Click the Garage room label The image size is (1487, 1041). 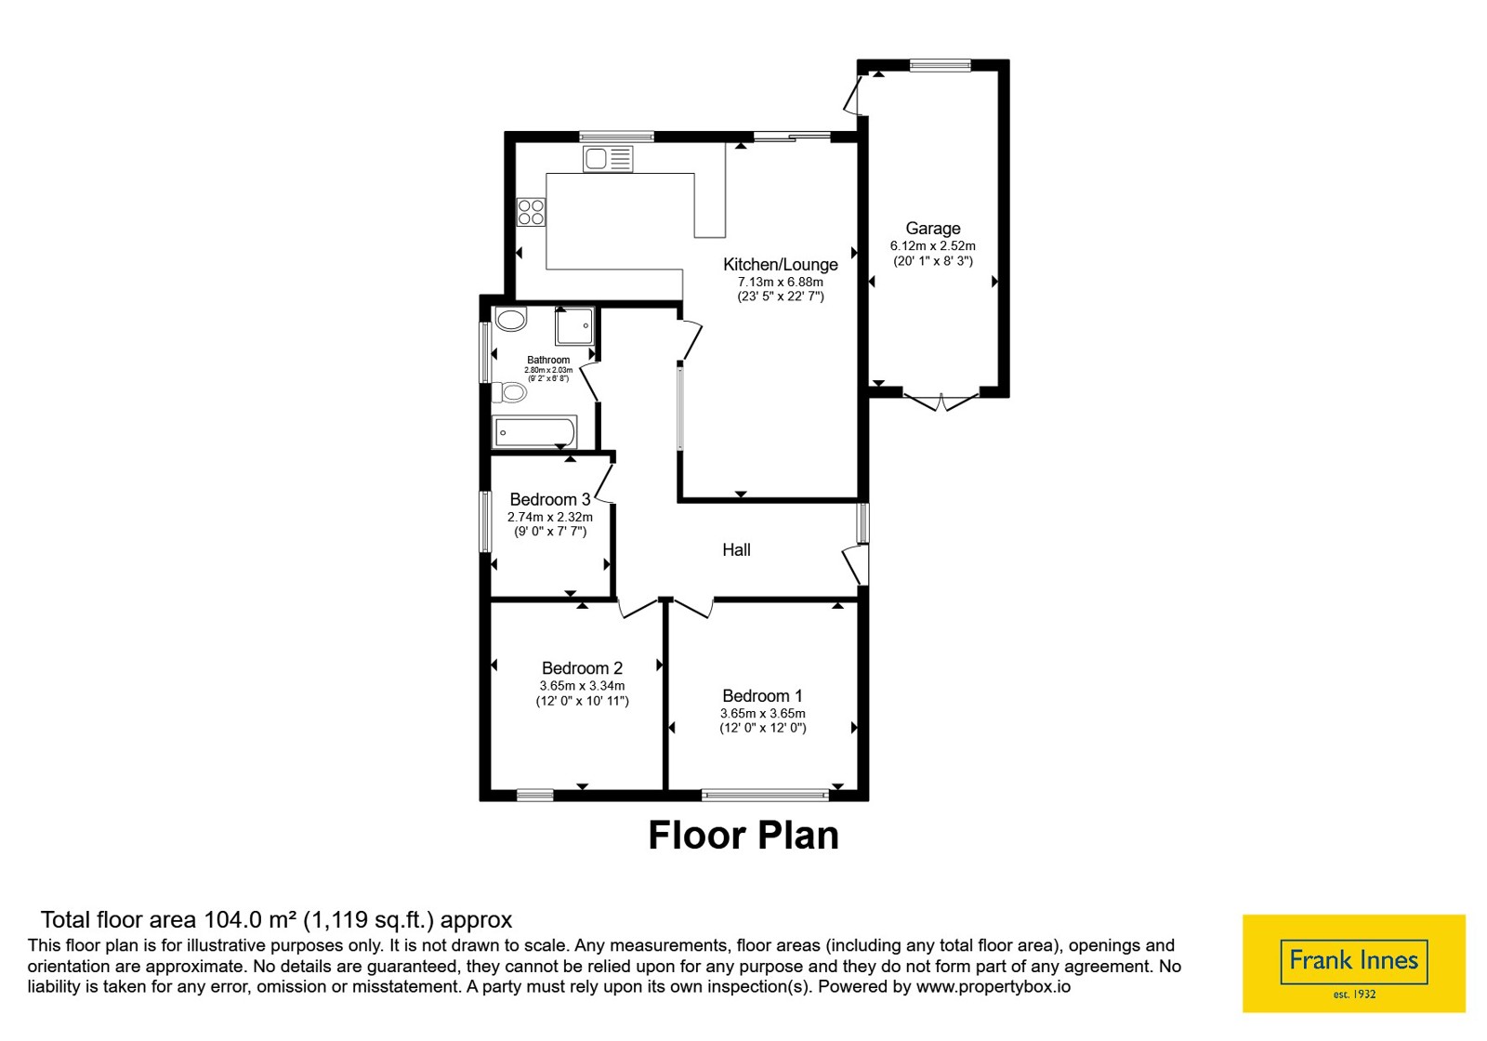933,229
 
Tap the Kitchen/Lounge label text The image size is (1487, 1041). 780,264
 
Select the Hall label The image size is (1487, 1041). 736,549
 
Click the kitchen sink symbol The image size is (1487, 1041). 608,159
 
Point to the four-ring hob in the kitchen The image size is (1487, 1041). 531,213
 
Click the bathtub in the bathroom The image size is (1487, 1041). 534,432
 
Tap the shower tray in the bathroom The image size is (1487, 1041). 574,326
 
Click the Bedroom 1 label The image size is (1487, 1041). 762,696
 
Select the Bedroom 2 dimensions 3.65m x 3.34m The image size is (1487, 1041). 582,686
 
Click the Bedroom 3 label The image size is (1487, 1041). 549,499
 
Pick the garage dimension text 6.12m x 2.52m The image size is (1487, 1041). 933,245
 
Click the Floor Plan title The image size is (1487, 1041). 743,836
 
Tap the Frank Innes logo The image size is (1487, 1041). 1353,964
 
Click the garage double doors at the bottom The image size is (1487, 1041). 941,402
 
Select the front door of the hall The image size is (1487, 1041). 856,565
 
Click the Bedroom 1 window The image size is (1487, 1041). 766,794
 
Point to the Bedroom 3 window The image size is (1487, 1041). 485,521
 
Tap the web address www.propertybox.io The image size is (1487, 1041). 994,986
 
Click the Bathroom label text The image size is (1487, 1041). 548,360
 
